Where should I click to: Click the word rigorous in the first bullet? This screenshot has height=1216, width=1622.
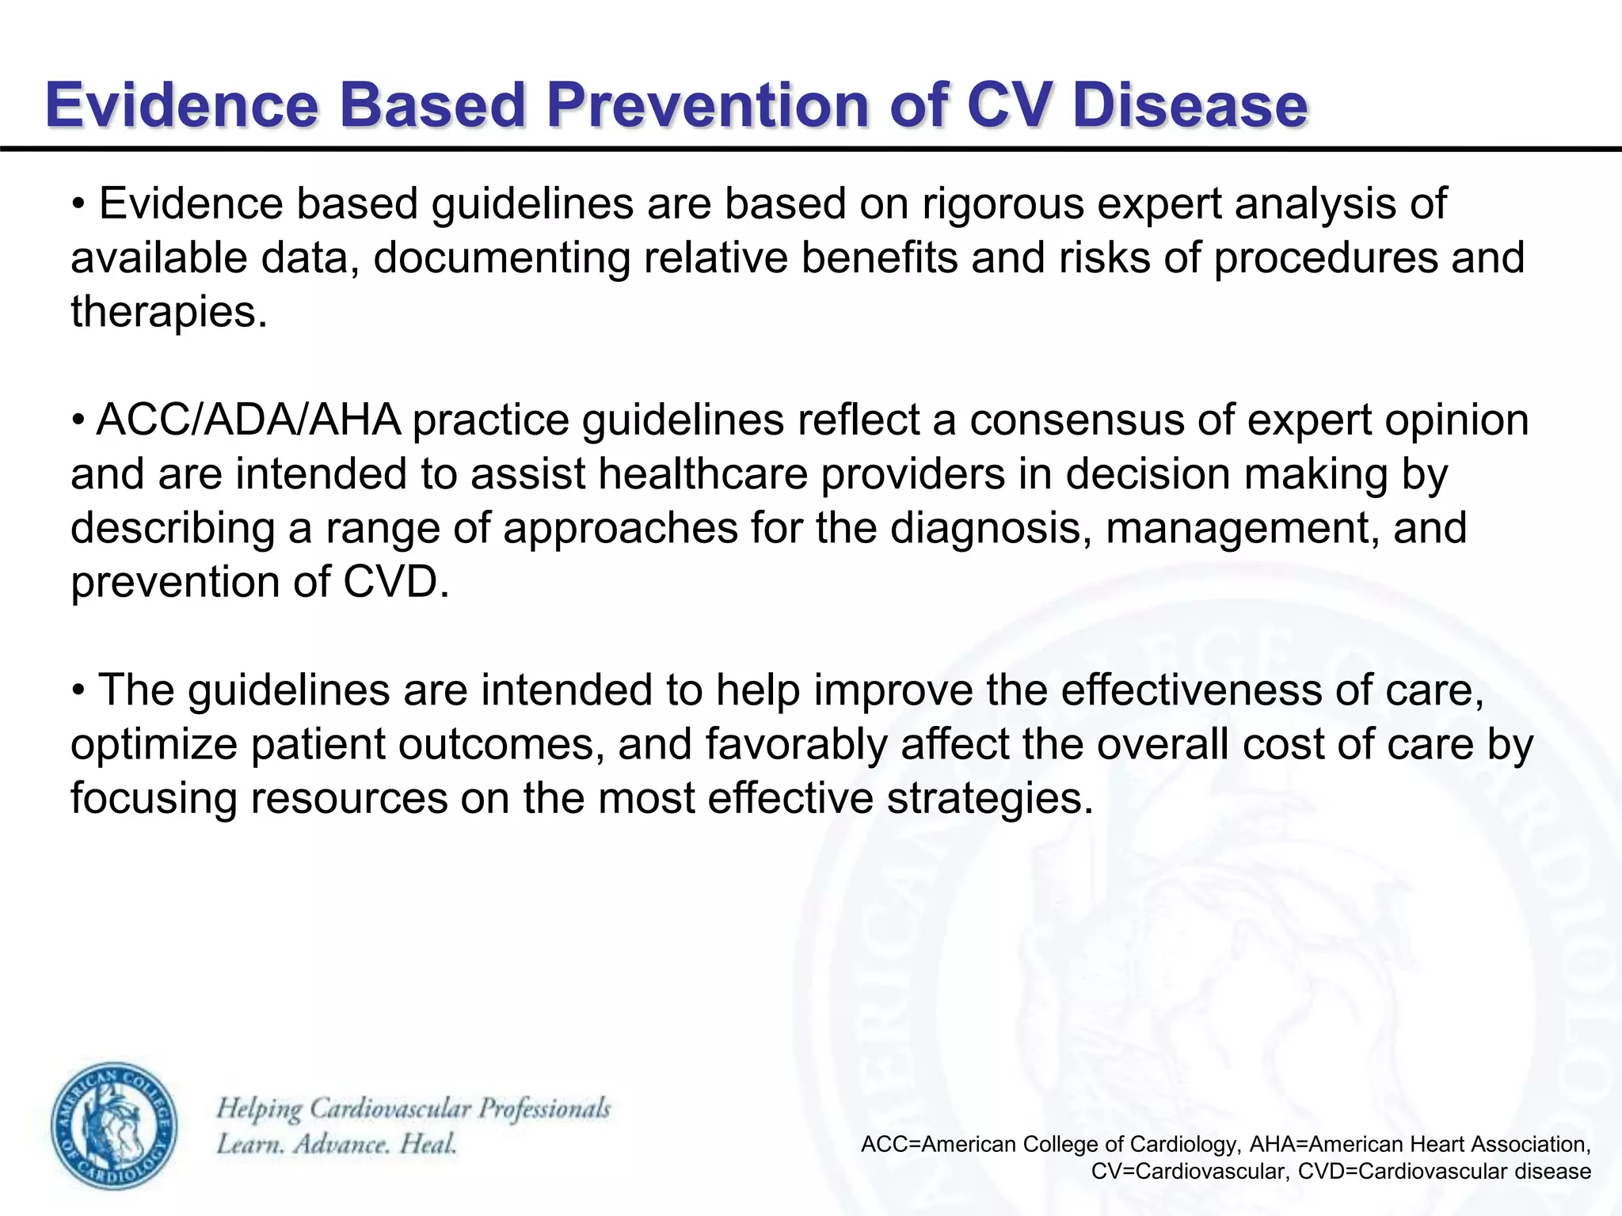coord(1001,203)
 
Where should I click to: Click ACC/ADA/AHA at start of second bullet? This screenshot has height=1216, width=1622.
coord(248,420)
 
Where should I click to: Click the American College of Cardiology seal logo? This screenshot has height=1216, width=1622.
coord(115,1126)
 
